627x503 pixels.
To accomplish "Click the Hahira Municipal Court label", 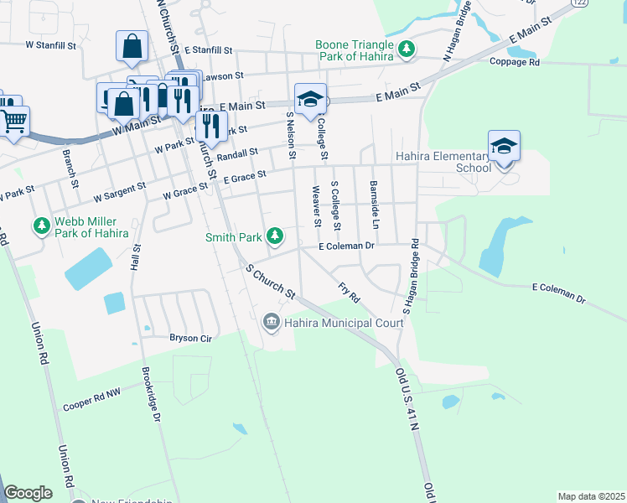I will click(338, 321).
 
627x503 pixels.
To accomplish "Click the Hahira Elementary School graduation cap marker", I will click(504, 146).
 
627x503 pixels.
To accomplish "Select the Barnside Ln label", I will click(374, 205).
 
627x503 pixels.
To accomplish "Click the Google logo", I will click(28, 493).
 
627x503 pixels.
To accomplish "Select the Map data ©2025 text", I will click(590, 496).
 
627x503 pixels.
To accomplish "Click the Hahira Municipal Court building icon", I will click(271, 321).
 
